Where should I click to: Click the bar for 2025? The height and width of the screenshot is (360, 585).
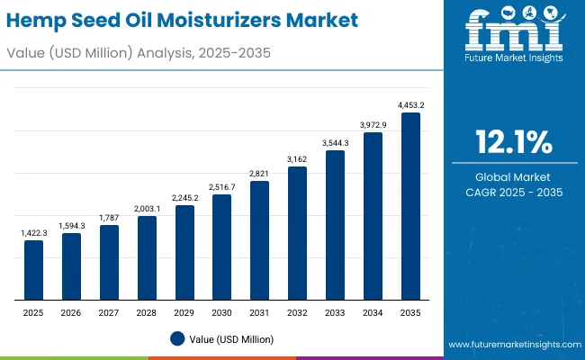33,270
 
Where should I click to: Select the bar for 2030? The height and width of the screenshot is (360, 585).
221,247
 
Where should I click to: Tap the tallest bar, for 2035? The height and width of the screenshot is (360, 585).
410,206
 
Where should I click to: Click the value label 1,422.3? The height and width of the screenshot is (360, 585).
33,233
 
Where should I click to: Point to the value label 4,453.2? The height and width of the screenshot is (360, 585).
410,105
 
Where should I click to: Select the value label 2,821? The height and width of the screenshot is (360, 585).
259,174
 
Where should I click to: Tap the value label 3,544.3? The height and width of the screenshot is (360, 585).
335,143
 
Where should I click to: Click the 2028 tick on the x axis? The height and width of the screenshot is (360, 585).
146,312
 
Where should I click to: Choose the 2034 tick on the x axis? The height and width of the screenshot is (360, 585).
373,312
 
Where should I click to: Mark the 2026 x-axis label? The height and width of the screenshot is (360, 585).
71,312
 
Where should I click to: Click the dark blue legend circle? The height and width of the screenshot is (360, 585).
177,338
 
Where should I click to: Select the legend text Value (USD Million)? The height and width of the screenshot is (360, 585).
231,338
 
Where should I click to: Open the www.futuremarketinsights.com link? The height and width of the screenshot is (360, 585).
512,345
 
